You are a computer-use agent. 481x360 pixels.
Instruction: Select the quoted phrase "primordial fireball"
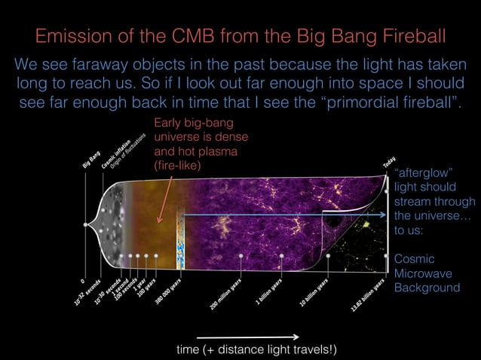pos(398,102)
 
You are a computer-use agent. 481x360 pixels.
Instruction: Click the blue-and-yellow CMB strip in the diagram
pos(180,245)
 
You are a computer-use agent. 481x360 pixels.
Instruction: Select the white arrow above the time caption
pos(248,337)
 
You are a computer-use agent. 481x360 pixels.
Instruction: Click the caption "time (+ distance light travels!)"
pos(256,349)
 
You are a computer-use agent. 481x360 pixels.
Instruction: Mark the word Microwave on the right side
pos(426,273)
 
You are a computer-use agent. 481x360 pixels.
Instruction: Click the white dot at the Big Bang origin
pos(84,224)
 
